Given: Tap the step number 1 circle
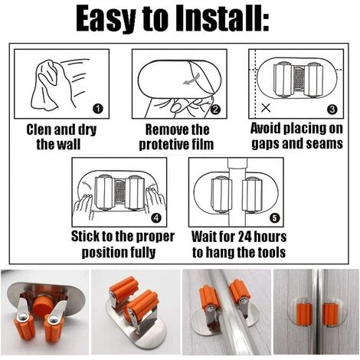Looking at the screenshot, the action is [98, 109].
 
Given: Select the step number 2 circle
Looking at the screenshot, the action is [216, 110].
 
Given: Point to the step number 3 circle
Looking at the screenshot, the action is [332, 110].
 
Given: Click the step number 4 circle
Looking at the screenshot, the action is [156, 218].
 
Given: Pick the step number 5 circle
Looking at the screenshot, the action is [274, 218].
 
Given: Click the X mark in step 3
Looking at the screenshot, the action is [266, 108].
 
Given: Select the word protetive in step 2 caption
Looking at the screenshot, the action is [159, 145].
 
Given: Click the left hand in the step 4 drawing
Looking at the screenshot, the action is [83, 208].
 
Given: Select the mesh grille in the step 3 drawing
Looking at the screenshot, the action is [297, 79].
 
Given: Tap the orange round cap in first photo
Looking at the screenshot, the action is [43, 305].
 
